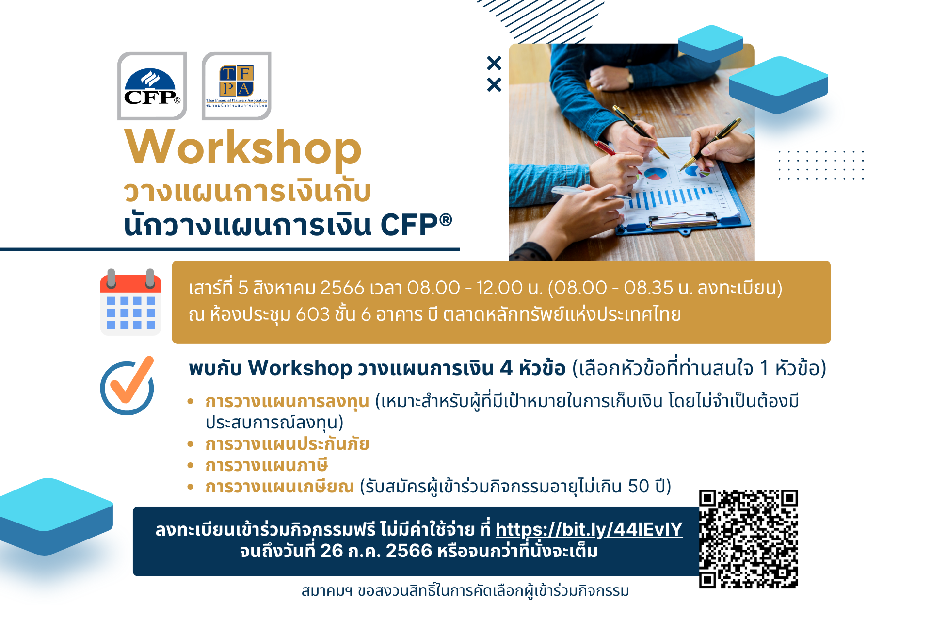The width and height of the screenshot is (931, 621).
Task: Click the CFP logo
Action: (x=152, y=86)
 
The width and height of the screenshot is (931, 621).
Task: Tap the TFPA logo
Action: (x=237, y=86)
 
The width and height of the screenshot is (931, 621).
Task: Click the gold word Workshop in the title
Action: (x=243, y=148)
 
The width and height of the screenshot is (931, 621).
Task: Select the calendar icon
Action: (x=130, y=302)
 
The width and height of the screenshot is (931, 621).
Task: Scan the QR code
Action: (x=749, y=539)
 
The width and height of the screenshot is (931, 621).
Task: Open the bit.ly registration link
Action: (x=589, y=529)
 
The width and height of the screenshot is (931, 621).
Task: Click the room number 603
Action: (x=313, y=314)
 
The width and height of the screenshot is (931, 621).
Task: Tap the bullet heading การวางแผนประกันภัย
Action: (x=287, y=444)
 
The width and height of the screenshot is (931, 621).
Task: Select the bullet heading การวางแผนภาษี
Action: (x=267, y=465)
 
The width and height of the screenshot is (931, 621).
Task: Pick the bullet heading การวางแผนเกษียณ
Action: (x=280, y=486)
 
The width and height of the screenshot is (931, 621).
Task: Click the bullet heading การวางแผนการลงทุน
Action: (x=287, y=402)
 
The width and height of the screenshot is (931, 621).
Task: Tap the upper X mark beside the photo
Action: (x=494, y=63)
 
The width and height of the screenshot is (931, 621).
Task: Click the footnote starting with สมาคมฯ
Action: (x=465, y=591)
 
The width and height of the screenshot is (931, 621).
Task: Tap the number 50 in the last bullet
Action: (x=639, y=486)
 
